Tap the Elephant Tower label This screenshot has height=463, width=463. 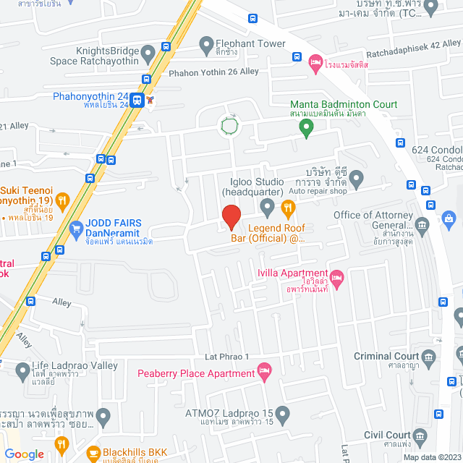click(x=252, y=43)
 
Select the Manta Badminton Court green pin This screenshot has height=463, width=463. click(x=306, y=127)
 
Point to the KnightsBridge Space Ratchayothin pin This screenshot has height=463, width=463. click(x=148, y=52)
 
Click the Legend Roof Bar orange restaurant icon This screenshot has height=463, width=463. click(x=289, y=210)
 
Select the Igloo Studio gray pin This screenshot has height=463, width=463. click(x=268, y=210)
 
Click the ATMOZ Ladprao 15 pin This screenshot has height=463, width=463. click(x=282, y=415)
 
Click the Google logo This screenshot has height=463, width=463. click(x=23, y=454)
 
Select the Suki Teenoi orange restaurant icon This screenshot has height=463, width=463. click(x=63, y=199)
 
